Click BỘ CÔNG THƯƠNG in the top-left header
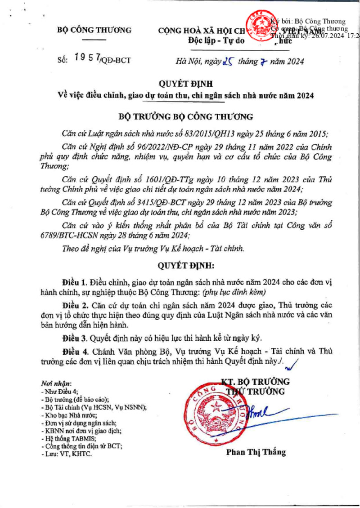[x=94, y=31]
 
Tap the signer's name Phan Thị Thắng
[x=256, y=452]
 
